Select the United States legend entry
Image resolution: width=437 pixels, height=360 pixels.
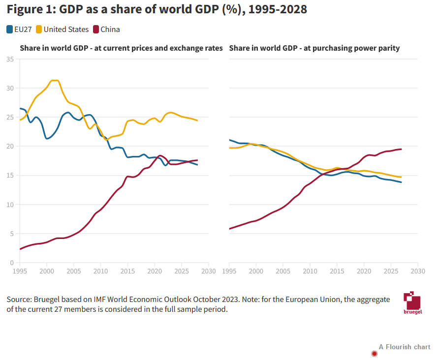[62, 30]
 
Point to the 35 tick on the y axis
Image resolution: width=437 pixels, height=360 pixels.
[10, 60]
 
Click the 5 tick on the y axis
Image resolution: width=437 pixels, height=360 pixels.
[11, 234]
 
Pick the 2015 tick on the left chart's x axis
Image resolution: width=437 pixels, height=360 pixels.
[128, 271]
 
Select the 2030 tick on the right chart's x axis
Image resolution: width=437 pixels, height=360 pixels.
[418, 271]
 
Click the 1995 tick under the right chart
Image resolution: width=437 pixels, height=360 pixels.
[229, 271]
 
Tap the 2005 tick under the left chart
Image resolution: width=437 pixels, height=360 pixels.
[74, 271]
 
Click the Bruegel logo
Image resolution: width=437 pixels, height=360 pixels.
[412, 303]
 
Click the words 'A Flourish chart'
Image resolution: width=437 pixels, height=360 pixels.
[405, 347]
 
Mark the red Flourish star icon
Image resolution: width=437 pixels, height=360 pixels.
[375, 353]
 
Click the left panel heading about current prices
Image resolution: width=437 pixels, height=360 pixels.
[121, 48]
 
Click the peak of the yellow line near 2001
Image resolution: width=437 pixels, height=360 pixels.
[54, 80]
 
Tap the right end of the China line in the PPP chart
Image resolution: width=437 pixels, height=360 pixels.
[402, 149]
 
